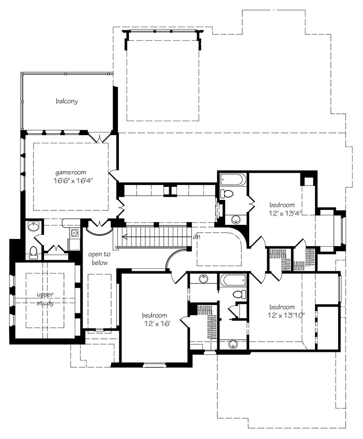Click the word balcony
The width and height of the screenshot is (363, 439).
pos(67,101)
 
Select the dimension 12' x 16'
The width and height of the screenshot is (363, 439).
pos(154,324)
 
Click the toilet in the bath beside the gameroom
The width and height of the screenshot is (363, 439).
pos(34,252)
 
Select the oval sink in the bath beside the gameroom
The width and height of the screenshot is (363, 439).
pos(33,226)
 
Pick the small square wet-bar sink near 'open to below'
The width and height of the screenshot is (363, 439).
pos(74,234)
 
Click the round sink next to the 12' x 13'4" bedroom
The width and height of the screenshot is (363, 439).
pos(235,219)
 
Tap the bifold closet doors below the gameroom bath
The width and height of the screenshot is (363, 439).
pos(56,249)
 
